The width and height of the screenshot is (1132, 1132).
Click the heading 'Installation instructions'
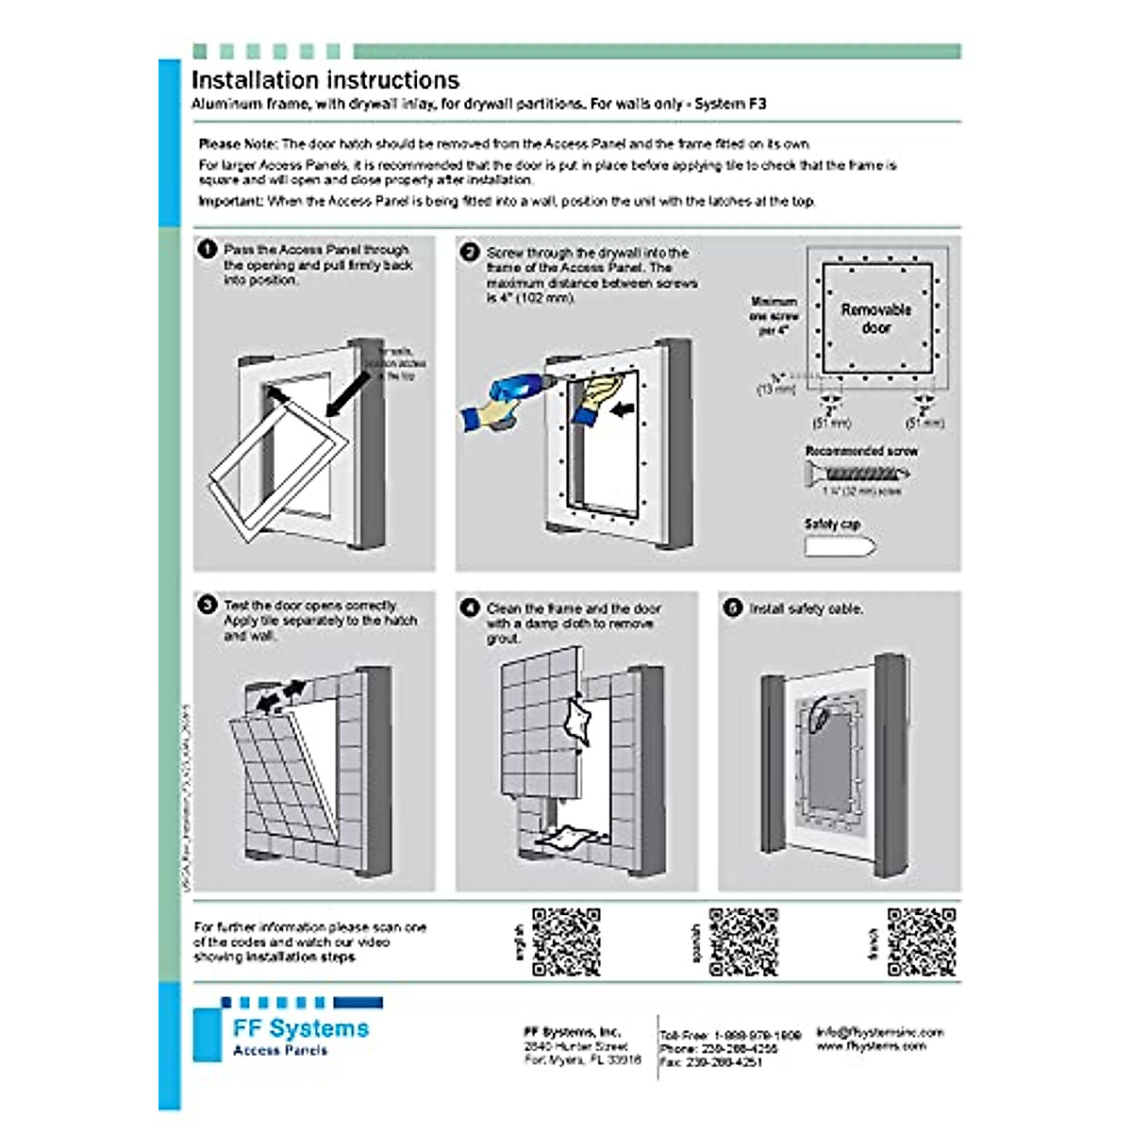tap(325, 80)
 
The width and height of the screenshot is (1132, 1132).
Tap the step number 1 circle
tap(207, 250)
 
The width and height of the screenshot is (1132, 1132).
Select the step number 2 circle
tap(470, 253)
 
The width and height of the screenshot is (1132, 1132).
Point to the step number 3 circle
tap(207, 606)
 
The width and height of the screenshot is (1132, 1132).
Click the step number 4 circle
tap(470, 608)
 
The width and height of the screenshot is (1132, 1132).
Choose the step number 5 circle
tap(733, 608)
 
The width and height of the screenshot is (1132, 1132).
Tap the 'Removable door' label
tap(875, 319)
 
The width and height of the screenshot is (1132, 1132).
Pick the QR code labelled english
tap(566, 941)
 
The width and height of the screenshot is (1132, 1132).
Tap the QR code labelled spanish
tap(743, 941)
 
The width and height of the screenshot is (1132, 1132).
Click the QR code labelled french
tap(922, 941)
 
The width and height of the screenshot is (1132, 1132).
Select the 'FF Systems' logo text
tap(301, 1028)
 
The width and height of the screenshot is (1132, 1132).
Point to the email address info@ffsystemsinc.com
tap(879, 1032)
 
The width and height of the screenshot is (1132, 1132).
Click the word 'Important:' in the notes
tap(230, 201)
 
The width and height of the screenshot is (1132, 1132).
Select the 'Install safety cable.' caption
tap(807, 609)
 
